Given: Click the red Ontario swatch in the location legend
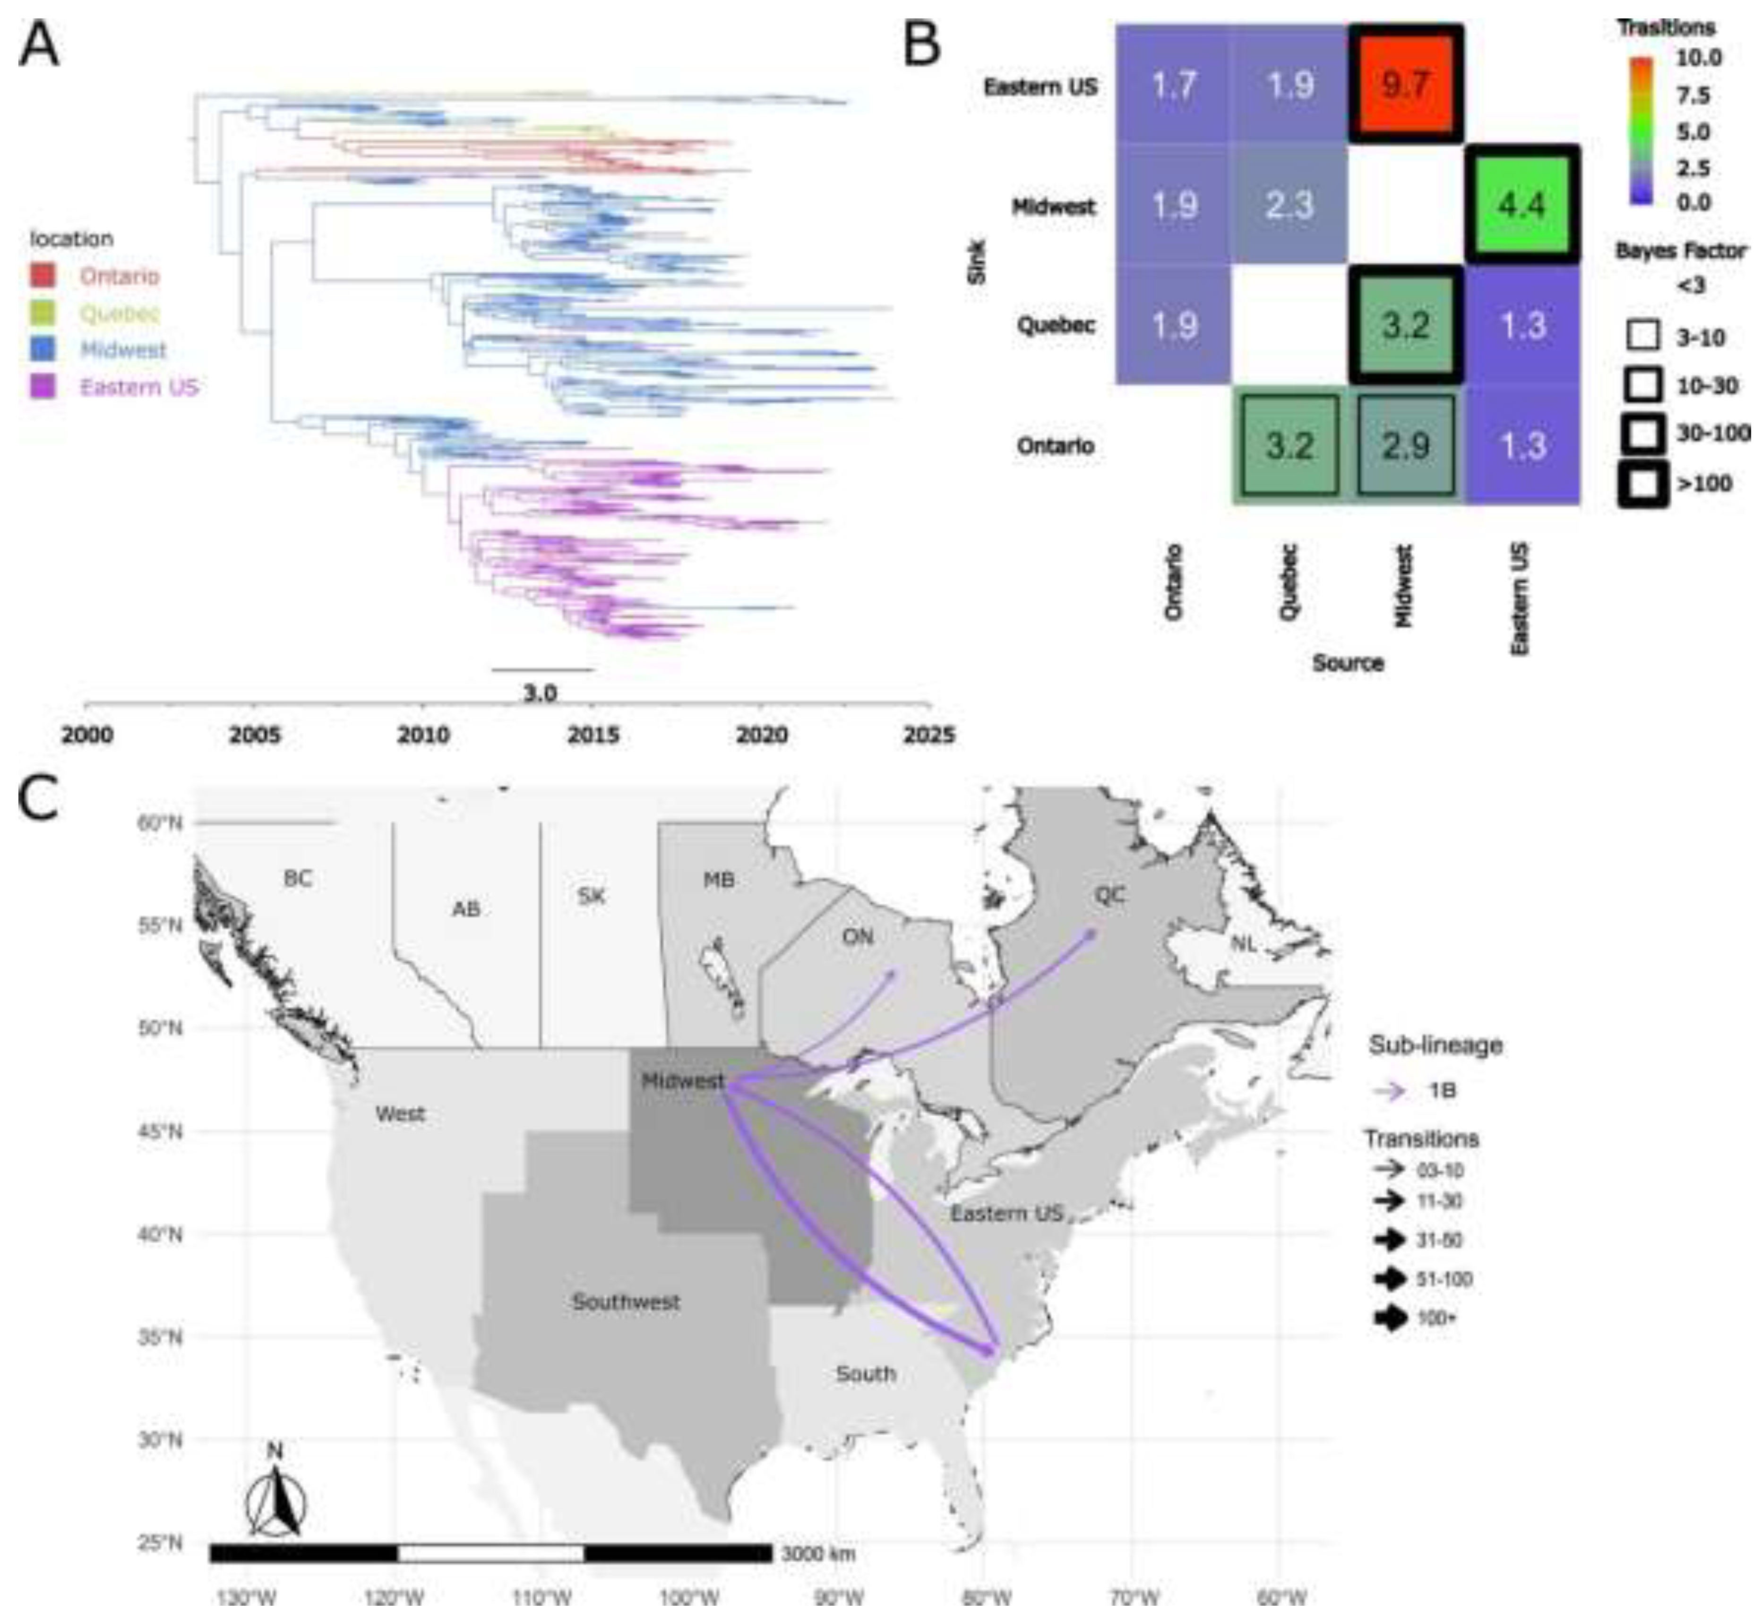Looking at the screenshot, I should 42,276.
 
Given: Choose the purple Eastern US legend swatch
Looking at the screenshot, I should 42,386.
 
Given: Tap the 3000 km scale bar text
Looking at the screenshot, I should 817,1554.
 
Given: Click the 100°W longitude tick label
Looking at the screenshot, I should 689,1598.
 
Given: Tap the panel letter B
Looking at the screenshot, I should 922,45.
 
